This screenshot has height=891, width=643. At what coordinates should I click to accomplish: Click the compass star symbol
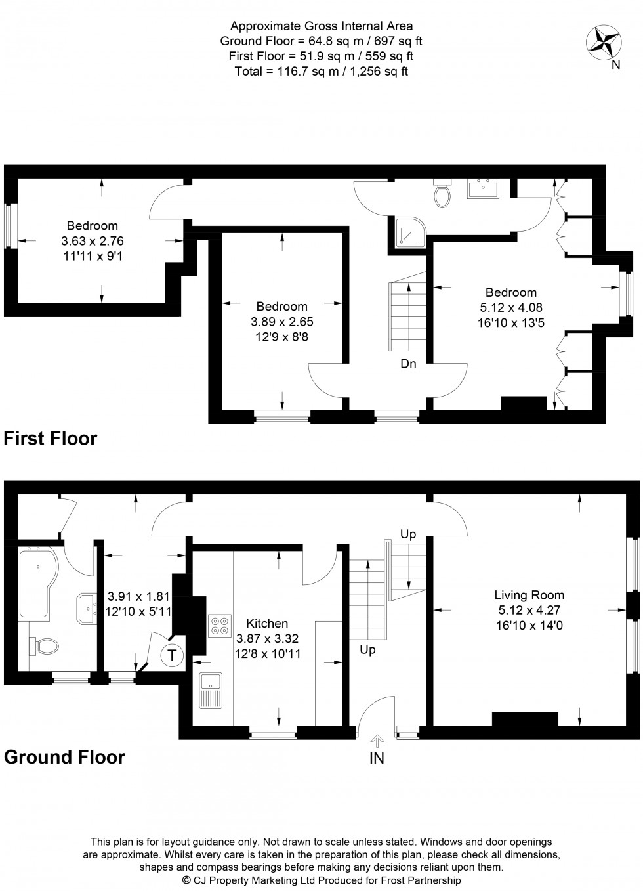[604, 40]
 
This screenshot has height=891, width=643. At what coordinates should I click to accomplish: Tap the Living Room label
[529, 595]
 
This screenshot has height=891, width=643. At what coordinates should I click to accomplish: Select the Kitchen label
[267, 623]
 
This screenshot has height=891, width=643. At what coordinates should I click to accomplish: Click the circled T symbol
[172, 654]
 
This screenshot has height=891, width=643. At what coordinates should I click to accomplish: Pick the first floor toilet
[443, 192]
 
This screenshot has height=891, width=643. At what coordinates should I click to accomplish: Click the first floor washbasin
[483, 188]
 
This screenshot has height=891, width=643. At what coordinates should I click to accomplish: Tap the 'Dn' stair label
[408, 363]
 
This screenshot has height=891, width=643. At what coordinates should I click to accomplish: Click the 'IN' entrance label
[377, 758]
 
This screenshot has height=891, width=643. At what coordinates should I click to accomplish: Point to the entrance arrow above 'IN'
[377, 741]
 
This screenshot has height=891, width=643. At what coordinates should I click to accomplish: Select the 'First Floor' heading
[51, 438]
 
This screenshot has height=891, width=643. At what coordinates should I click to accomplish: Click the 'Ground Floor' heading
[64, 756]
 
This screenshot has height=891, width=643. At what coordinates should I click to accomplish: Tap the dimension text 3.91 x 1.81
[138, 597]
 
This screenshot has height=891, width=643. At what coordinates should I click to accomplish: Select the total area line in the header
[321, 72]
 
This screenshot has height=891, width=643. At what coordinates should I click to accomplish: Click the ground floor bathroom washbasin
[87, 607]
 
